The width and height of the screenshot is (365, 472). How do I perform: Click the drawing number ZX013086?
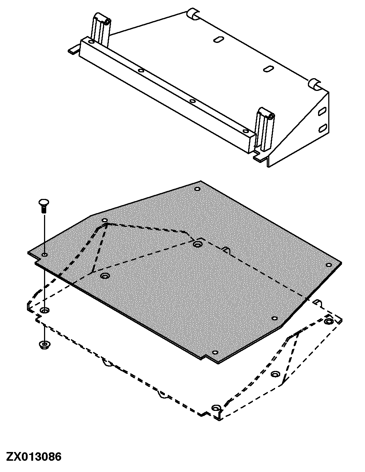[x=33, y=456]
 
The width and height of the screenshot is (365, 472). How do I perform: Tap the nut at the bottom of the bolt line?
[x=44, y=344]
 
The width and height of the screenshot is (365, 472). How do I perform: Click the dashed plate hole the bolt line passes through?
[x=45, y=311]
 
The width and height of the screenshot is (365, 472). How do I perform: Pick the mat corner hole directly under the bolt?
[x=44, y=255]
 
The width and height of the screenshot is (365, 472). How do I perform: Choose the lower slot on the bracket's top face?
[x=269, y=68]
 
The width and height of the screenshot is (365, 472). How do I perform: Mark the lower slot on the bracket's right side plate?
[x=322, y=128]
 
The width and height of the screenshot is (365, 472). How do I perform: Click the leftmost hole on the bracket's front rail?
[x=91, y=42]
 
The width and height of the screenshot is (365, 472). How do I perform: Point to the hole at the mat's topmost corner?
[x=197, y=189]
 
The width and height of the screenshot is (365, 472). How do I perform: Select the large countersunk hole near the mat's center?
[x=198, y=244]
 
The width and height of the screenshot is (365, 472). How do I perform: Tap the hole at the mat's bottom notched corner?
[x=214, y=352]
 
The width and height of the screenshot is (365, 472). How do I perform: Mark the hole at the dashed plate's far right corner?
[x=329, y=321]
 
